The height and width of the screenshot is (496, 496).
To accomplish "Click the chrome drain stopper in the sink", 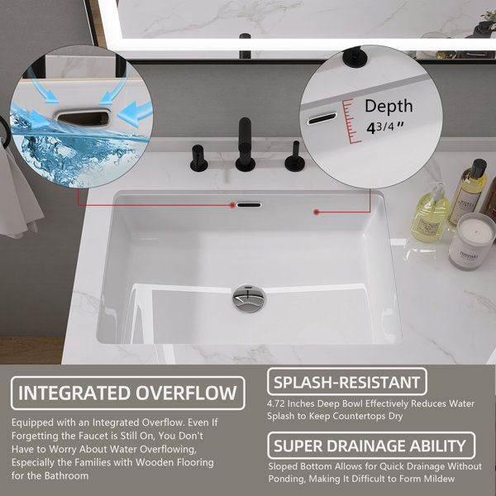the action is [x=249, y=298].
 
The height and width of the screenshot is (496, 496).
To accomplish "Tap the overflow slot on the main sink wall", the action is [x=250, y=205].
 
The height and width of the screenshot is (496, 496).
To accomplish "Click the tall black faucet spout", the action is [x=245, y=144].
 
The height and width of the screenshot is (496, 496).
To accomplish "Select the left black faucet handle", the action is [x=198, y=158].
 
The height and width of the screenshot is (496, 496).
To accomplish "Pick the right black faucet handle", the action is [x=295, y=156].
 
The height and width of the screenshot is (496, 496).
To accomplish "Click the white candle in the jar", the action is [x=472, y=241].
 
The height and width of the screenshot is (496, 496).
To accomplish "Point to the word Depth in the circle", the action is [x=389, y=107].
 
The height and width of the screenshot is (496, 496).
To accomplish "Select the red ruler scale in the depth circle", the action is [x=351, y=122].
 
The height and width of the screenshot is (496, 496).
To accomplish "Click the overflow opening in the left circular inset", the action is [x=83, y=117].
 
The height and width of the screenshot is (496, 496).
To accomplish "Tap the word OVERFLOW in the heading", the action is [x=186, y=393].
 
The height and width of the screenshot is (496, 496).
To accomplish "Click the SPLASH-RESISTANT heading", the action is [x=346, y=382].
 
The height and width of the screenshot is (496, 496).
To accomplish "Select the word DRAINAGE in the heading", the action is [x=366, y=446].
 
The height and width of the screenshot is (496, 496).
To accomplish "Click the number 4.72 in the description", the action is [x=275, y=403].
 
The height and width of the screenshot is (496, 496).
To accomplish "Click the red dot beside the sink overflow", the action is [x=232, y=205].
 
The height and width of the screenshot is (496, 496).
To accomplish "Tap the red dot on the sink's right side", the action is [x=316, y=212].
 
